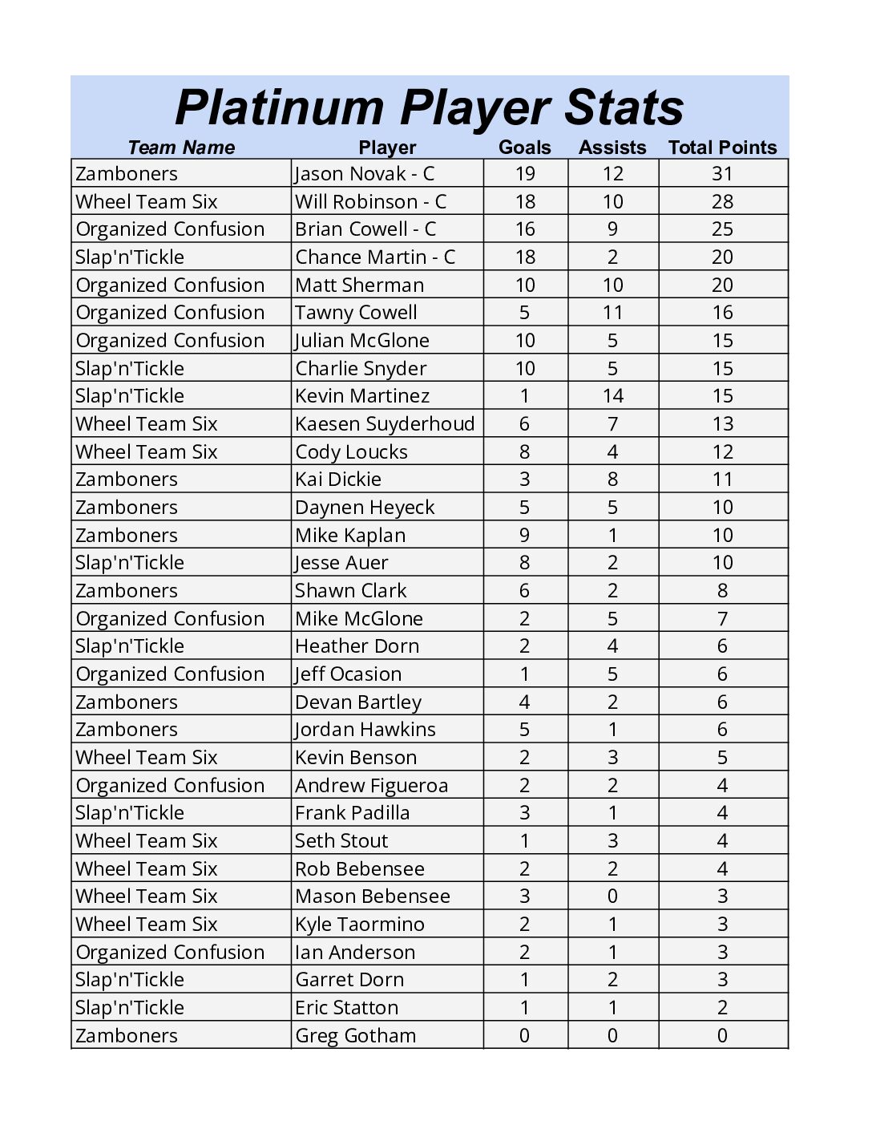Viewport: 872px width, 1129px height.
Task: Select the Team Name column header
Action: pyautogui.click(x=181, y=148)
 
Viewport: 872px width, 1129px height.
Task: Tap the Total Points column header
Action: pyautogui.click(x=722, y=148)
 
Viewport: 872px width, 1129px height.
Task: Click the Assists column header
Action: pyautogui.click(x=612, y=148)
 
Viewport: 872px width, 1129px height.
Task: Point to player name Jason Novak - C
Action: pyautogui.click(x=365, y=174)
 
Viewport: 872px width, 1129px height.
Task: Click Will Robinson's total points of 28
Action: pyautogui.click(x=722, y=202)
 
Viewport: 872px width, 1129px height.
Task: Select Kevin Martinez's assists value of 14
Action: pyautogui.click(x=612, y=396)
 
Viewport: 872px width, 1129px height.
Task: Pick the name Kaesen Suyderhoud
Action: pyautogui.click(x=385, y=424)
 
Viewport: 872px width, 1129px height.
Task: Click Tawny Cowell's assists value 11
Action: pyautogui.click(x=612, y=313)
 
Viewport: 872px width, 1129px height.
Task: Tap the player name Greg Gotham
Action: pyautogui.click(x=355, y=1036)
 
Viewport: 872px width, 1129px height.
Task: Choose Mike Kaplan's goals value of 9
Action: pyautogui.click(x=524, y=536)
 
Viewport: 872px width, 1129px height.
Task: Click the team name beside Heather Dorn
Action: pyautogui.click(x=130, y=646)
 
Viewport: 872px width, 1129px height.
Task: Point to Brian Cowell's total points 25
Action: pyautogui.click(x=722, y=229)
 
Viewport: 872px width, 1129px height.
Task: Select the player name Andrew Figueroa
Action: pyautogui.click(x=371, y=786)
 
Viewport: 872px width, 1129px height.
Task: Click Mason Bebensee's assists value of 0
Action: pyautogui.click(x=612, y=896)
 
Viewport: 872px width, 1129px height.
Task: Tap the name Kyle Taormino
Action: pyautogui.click(x=360, y=925)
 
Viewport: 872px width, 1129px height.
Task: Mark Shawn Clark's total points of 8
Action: pyautogui.click(x=722, y=591)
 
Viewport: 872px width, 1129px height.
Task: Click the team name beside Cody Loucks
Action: pyautogui.click(x=147, y=452)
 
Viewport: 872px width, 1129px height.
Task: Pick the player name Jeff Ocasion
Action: pyautogui.click(x=348, y=674)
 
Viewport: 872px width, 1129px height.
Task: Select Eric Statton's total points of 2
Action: pyautogui.click(x=722, y=1008)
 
